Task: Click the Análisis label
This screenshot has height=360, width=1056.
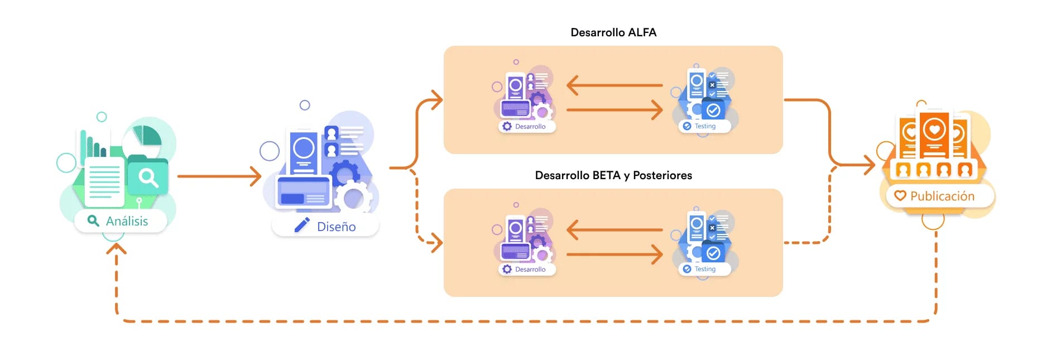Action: click(127, 221)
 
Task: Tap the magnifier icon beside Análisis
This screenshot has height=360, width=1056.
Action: click(93, 221)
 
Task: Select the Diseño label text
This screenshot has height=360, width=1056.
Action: click(336, 227)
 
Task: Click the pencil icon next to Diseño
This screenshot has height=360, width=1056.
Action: click(302, 225)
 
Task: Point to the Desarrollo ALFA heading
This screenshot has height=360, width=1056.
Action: click(613, 32)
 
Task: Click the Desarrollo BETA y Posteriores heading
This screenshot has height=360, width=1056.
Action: click(613, 175)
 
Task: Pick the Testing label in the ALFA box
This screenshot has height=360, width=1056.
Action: click(705, 126)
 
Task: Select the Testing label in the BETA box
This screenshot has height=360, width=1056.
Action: click(705, 269)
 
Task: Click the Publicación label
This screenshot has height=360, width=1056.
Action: click(942, 196)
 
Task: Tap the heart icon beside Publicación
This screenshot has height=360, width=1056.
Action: click(900, 196)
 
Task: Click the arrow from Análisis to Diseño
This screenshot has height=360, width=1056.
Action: click(219, 176)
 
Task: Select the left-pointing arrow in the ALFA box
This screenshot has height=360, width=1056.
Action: click(614, 85)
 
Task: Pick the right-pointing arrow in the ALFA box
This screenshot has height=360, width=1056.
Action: click(614, 110)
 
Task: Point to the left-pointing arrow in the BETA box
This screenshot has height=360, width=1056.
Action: click(614, 229)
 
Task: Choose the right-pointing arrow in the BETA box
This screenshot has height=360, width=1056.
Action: click(614, 255)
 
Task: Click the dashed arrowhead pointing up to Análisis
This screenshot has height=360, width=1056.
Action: click(116, 249)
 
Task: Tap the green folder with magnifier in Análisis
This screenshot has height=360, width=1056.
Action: click(148, 177)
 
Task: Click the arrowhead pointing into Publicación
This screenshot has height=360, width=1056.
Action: click(869, 165)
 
